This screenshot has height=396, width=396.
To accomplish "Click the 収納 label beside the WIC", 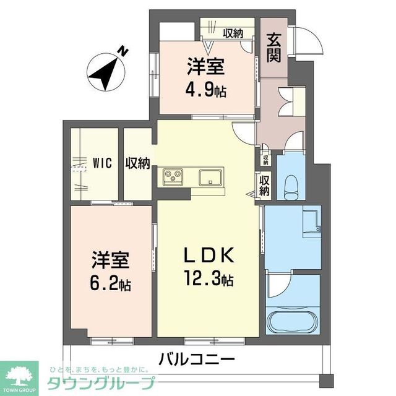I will pos(138,163).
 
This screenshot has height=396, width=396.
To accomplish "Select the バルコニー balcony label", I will pos(197,358).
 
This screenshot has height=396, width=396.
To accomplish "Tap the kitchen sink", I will pos(212,178).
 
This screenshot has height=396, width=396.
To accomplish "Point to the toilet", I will pos(290,185).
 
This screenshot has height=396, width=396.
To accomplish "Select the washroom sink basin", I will pos(311,222).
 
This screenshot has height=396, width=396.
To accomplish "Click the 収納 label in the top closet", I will pos(233,33).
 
